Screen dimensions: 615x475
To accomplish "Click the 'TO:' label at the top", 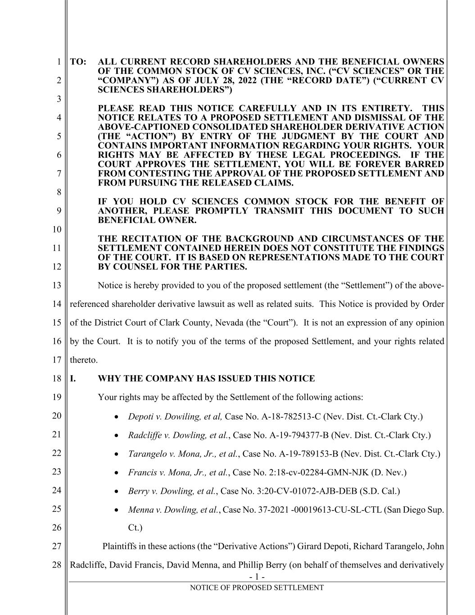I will (78, 62).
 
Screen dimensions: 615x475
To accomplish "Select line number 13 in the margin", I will (56, 285).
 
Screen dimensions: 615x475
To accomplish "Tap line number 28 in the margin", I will (56, 565).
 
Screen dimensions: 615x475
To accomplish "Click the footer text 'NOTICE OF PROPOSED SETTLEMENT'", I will (257, 588).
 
